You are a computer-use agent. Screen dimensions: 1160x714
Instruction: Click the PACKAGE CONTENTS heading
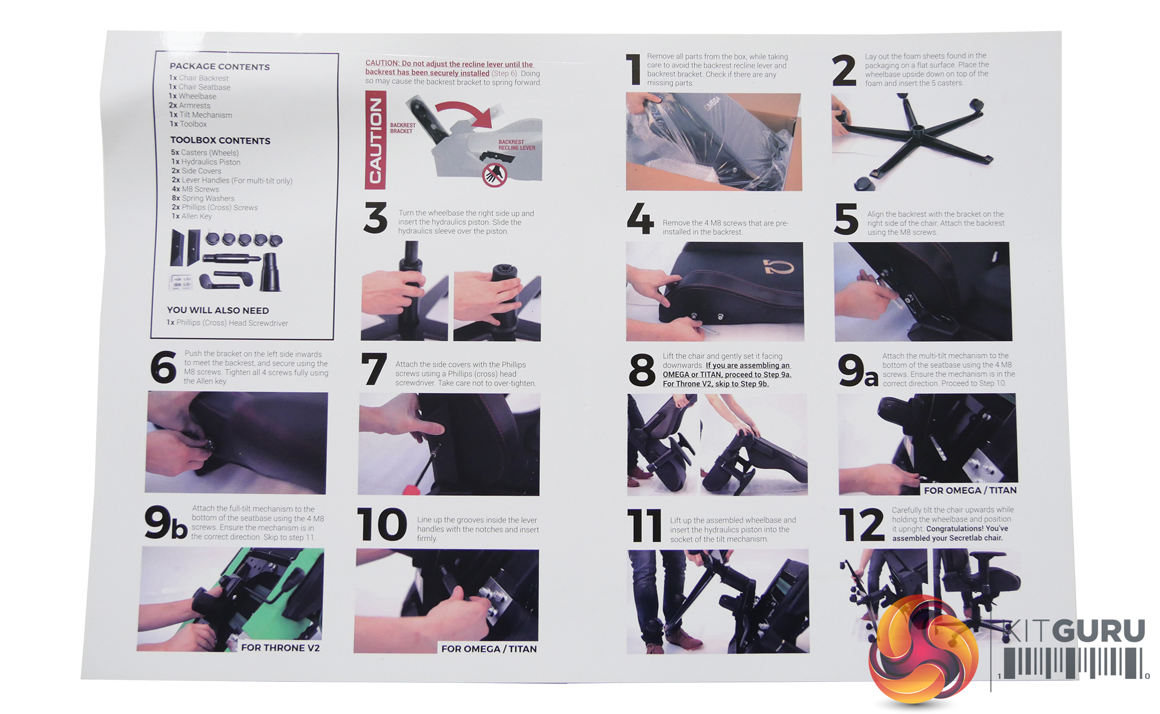tap(220, 66)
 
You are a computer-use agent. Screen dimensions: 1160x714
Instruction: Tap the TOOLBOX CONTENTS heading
tap(220, 140)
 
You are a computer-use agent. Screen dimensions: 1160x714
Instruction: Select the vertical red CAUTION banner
tap(376, 140)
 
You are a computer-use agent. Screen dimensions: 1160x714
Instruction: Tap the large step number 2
tap(843, 70)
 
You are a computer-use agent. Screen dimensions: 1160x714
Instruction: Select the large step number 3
tap(376, 218)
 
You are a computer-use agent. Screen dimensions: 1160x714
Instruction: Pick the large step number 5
tap(846, 219)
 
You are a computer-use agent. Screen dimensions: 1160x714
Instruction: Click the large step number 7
tap(374, 369)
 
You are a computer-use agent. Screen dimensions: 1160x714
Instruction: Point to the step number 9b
tap(165, 522)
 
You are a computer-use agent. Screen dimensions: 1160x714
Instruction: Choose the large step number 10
tap(382, 524)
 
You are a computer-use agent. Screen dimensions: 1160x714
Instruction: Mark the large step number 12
tap(862, 525)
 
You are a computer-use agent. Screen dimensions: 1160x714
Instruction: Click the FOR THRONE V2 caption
tap(280, 648)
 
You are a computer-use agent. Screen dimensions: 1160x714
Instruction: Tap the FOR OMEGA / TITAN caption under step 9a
tap(970, 490)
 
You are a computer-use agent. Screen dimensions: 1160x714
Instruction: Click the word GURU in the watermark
tap(1101, 631)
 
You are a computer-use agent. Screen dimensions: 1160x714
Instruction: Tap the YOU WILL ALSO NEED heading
tap(218, 310)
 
